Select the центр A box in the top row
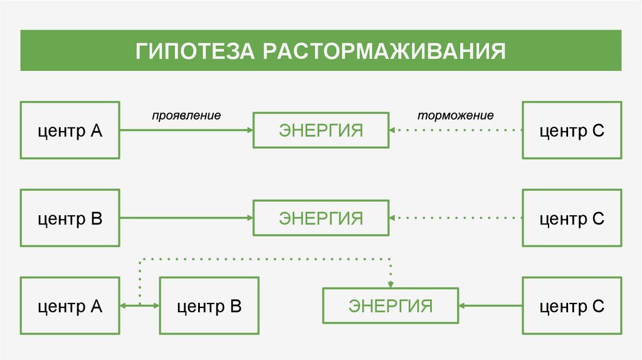70,130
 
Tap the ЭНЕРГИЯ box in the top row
320,130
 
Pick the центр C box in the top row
572,130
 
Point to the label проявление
186,116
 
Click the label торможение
456,116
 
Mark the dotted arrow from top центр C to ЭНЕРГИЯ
456,130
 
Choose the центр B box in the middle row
70,218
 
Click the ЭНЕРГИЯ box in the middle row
320,218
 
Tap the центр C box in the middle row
572,218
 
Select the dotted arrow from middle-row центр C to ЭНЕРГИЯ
456,218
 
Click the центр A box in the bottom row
70,306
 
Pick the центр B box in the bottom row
209,306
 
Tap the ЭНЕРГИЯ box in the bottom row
390,306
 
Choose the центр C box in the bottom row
572,306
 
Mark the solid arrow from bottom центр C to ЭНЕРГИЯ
490,306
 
